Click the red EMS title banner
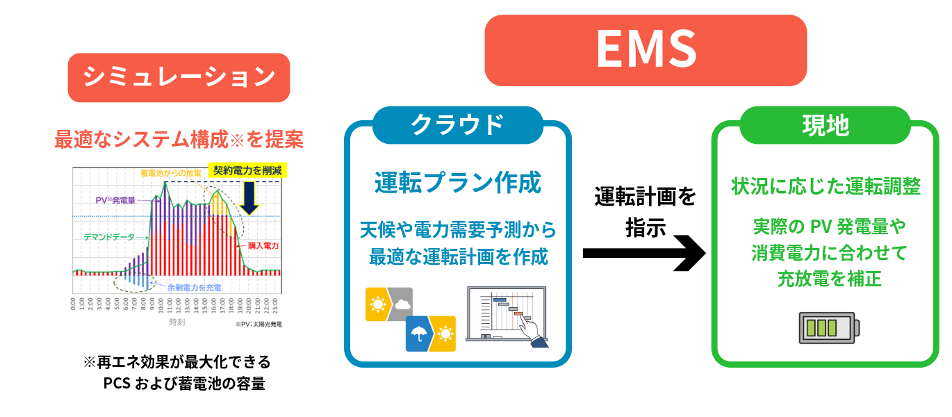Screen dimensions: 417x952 [x=645, y=50]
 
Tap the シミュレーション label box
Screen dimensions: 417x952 [x=179, y=77]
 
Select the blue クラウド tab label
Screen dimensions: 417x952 [x=457, y=124]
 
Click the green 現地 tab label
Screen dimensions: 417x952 [x=825, y=124]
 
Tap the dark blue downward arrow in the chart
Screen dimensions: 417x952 [x=249, y=197]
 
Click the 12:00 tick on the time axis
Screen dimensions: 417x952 [x=179, y=306]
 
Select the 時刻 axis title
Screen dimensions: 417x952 [x=177, y=322]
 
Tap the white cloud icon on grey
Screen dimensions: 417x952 [x=402, y=304]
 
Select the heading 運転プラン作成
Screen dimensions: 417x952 [x=457, y=183]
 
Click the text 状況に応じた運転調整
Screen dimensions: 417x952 [x=826, y=186]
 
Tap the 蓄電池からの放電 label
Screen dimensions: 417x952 [x=170, y=172]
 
